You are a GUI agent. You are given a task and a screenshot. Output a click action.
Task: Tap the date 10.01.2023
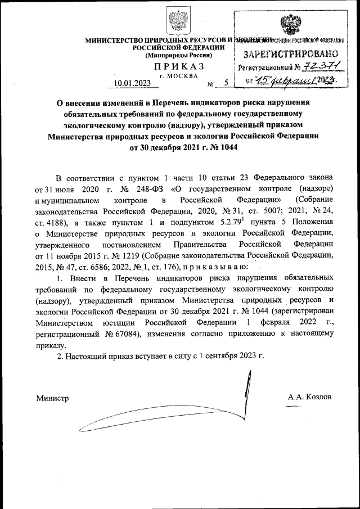click(x=132, y=84)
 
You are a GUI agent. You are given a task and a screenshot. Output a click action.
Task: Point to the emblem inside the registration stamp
click(x=290, y=25)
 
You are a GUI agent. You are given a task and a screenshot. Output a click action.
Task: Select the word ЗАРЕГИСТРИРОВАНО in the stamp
click(x=290, y=55)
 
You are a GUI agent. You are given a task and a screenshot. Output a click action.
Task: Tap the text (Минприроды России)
click(x=179, y=56)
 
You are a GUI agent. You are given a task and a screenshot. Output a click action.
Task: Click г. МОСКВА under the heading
click(x=179, y=76)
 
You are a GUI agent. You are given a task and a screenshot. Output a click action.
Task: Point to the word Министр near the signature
click(x=52, y=398)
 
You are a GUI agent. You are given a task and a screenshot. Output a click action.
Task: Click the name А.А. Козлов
click(x=309, y=397)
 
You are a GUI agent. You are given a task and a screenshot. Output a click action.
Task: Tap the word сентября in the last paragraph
click(x=218, y=357)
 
